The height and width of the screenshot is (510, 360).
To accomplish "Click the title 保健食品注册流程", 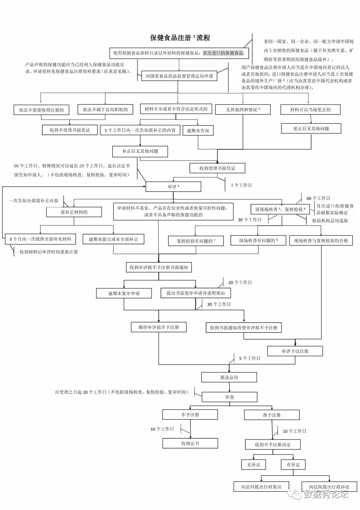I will click(180, 38).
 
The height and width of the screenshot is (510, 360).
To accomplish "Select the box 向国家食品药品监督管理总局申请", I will click(179, 76).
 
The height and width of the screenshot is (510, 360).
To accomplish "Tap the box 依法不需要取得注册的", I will click(41, 110).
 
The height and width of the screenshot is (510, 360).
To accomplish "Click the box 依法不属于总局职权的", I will click(105, 109).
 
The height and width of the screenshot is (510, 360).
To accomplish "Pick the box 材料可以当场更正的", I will click(310, 110).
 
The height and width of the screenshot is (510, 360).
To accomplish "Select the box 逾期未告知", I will click(198, 130).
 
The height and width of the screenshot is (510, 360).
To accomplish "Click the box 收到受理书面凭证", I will click(217, 168).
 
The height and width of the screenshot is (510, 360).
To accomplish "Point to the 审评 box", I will click(173, 187).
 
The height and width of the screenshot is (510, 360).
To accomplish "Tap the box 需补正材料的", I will click(74, 212).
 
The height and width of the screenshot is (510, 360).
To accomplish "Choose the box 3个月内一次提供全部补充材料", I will click(40, 239).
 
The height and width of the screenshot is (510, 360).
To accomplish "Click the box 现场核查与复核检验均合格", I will click(321, 240).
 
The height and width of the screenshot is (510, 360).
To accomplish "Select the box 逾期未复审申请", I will click(124, 293).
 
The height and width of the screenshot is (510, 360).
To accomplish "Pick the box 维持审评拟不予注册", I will click(159, 327).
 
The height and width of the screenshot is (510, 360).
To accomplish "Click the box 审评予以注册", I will click(295, 351).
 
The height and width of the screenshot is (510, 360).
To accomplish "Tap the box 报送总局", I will click(229, 377).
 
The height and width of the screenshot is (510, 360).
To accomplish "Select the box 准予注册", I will click(272, 415).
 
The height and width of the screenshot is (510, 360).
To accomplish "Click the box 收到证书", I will click(190, 443).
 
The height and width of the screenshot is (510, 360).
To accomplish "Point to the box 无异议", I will click(253, 465).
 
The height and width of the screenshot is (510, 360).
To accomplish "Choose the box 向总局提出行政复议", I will click(261, 487).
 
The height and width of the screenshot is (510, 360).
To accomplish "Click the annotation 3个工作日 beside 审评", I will click(241, 185).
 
